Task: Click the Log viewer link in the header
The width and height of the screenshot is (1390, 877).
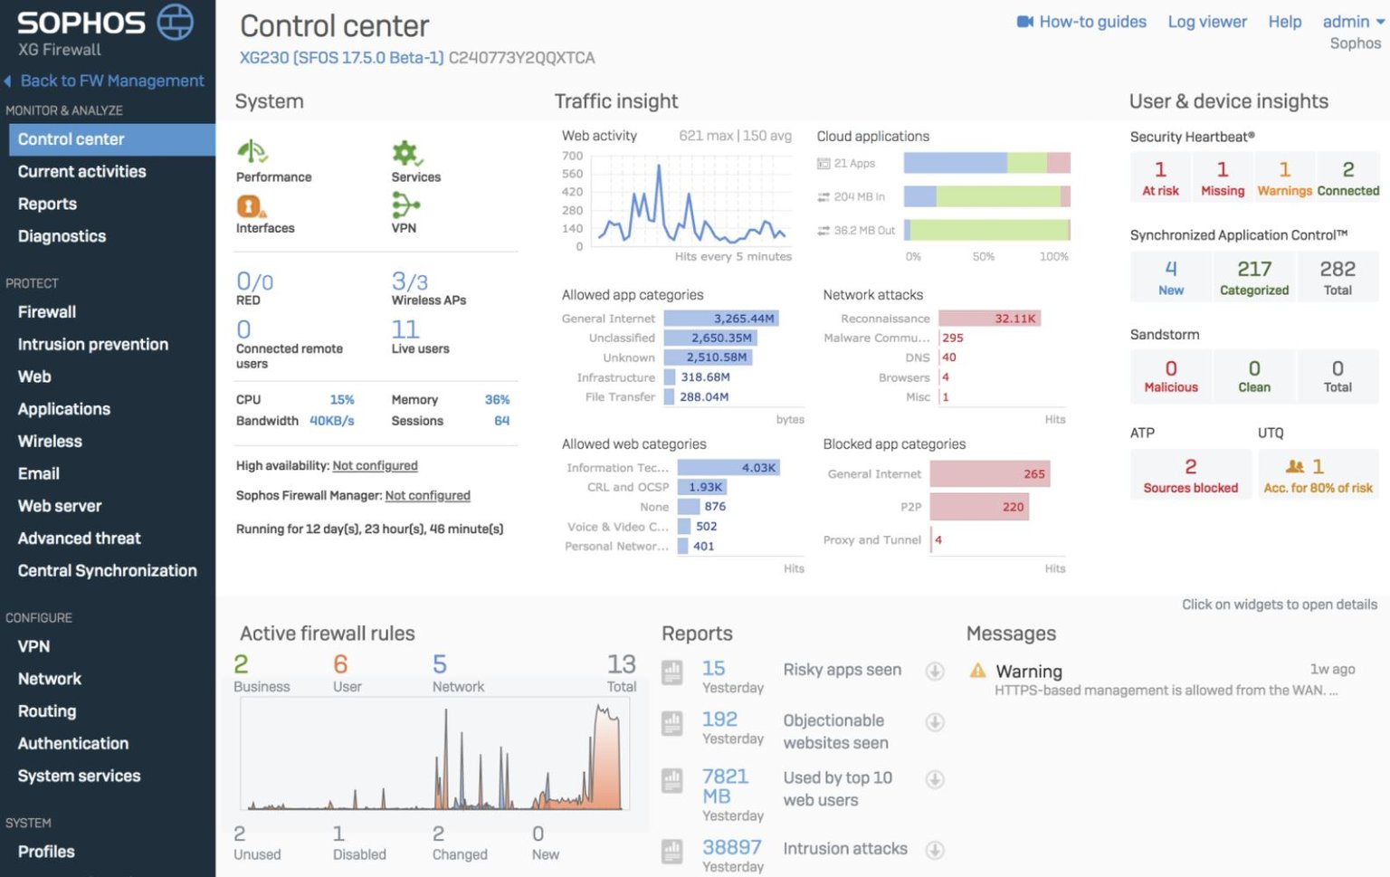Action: click(x=1206, y=22)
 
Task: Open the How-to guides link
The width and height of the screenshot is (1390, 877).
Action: click(x=1091, y=22)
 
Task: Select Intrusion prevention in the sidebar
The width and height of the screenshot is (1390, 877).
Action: click(x=93, y=344)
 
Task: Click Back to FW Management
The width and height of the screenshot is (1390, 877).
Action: click(x=111, y=81)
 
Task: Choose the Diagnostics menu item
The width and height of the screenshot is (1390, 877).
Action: click(x=62, y=236)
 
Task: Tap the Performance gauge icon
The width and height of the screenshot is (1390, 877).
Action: click(x=252, y=151)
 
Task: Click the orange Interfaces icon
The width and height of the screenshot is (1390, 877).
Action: click(x=251, y=206)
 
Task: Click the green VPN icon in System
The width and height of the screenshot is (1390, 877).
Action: click(x=405, y=206)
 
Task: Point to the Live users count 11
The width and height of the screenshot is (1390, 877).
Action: click(x=405, y=329)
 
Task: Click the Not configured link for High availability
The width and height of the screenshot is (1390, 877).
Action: click(x=375, y=465)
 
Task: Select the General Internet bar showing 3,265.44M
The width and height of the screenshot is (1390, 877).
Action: click(x=721, y=319)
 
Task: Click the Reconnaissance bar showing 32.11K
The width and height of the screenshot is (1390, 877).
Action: click(x=989, y=319)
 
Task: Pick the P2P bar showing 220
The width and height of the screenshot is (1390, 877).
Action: click(x=978, y=507)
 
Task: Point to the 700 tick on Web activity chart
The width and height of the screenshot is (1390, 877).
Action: click(x=573, y=156)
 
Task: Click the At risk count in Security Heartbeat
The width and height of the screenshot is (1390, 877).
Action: click(x=1160, y=170)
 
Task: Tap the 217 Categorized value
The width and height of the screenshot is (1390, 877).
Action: click(x=1254, y=269)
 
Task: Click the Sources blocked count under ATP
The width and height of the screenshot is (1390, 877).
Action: click(x=1190, y=467)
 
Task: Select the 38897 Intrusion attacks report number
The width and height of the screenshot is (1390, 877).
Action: click(x=731, y=848)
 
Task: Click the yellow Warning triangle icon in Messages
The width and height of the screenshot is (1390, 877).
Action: click(x=977, y=671)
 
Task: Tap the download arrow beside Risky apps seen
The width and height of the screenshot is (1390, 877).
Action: click(x=935, y=671)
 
